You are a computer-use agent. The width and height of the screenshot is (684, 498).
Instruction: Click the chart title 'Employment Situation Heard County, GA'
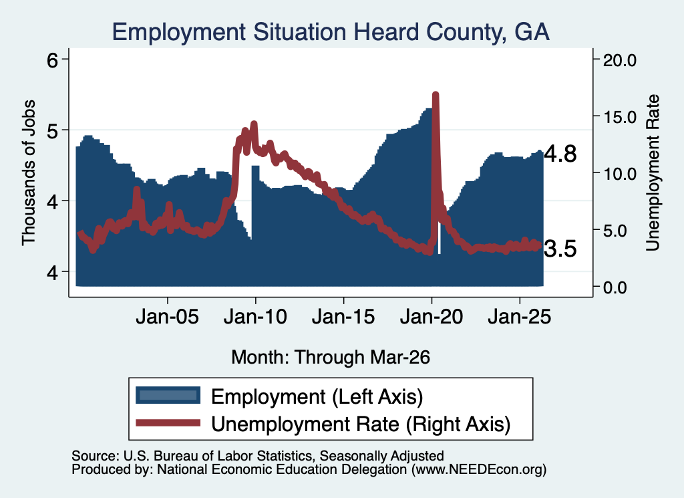click(331, 32)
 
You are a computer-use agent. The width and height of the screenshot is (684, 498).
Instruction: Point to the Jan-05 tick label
click(168, 316)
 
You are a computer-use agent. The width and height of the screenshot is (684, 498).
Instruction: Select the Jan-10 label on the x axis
click(256, 316)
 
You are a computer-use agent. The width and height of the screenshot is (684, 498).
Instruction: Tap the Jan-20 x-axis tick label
click(432, 316)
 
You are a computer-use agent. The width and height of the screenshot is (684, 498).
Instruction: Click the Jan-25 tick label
click(520, 316)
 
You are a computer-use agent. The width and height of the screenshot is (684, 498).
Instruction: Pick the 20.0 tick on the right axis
click(620, 60)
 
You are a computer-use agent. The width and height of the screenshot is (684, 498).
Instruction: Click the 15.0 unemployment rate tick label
click(620, 117)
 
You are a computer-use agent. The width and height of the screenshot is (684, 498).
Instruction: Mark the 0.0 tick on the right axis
click(615, 287)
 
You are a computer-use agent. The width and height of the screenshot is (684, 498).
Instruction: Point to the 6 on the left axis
click(52, 60)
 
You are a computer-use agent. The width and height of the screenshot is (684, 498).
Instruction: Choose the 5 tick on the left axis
click(52, 130)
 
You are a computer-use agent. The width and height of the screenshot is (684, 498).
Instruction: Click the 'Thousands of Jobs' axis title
click(29, 172)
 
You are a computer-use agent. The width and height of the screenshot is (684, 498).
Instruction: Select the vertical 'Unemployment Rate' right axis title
click(653, 172)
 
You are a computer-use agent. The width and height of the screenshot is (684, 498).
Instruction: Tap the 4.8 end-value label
click(560, 154)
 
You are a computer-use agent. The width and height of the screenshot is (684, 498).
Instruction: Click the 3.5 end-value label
click(560, 249)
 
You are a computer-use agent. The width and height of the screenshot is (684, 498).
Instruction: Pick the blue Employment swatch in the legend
click(168, 396)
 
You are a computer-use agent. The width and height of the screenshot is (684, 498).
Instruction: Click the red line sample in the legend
click(168, 422)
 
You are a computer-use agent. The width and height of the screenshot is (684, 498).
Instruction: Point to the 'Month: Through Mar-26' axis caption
click(331, 357)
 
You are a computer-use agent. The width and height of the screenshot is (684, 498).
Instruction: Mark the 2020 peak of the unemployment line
click(435, 94)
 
